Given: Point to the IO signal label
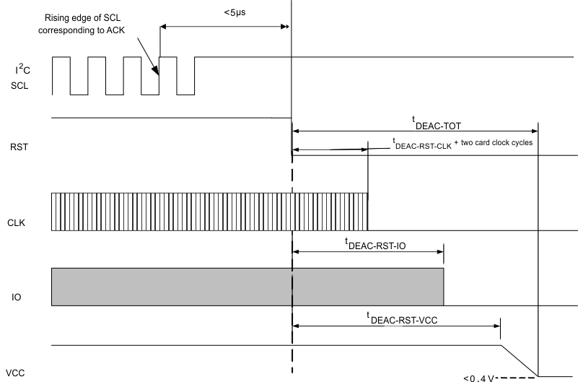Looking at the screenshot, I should [x=17, y=296].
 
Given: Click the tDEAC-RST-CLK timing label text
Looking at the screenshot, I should [x=422, y=144].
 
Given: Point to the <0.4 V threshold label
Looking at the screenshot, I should [x=479, y=376].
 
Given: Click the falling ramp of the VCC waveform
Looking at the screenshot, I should [x=520, y=360].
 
